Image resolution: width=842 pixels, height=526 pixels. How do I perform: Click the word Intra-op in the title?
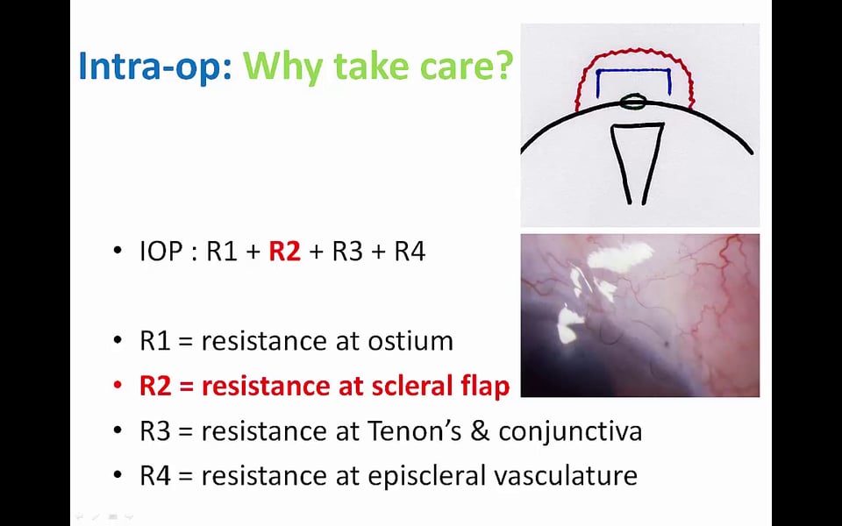pyautogui.click(x=155, y=66)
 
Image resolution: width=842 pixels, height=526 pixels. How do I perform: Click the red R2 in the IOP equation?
pyautogui.click(x=284, y=251)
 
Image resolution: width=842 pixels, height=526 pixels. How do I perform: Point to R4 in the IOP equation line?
pyautogui.click(x=410, y=252)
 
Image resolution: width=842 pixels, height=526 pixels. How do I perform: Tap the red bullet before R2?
pyautogui.click(x=118, y=385)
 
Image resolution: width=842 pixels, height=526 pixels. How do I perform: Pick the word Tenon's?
pyautogui.click(x=414, y=430)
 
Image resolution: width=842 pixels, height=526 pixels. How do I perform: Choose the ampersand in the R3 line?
pyautogui.click(x=480, y=430)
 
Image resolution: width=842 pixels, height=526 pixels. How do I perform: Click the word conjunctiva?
pyautogui.click(x=570, y=431)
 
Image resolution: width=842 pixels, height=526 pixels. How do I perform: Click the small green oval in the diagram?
pyautogui.click(x=632, y=102)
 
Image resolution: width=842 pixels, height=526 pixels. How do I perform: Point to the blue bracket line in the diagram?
pyautogui.click(x=633, y=70)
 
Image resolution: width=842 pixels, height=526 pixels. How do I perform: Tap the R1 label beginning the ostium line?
pyautogui.click(x=155, y=341)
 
